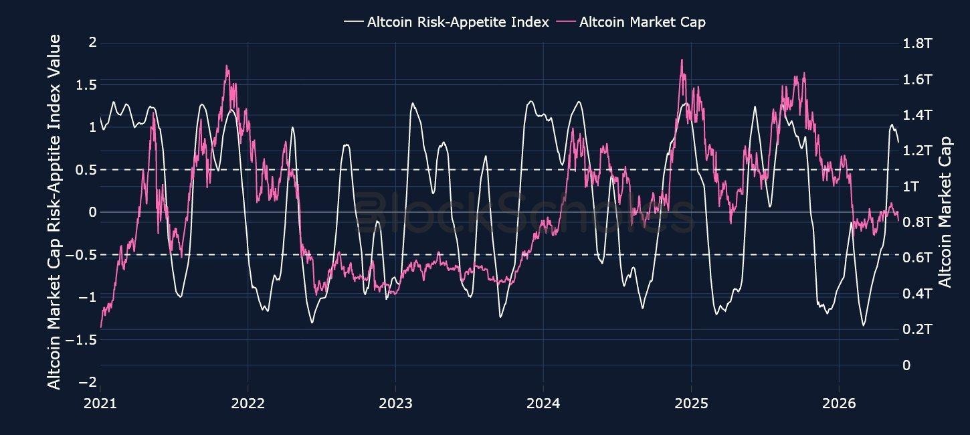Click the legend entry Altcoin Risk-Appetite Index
point(447,21)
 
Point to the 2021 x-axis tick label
point(100,404)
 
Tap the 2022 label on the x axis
point(248,404)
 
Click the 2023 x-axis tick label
point(396,404)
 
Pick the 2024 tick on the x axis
point(543,404)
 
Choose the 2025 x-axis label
point(692,404)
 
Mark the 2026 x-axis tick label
point(840,404)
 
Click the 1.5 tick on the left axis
point(86,85)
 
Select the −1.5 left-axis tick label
point(81,340)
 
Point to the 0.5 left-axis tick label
point(86,170)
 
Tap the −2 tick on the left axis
point(88,383)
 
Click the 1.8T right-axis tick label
point(917,43)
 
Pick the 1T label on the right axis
point(910,186)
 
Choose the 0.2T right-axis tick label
point(917,329)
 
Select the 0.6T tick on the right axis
point(917,258)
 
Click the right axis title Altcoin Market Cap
point(945,212)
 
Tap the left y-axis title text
point(54,212)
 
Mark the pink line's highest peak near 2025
point(682,60)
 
